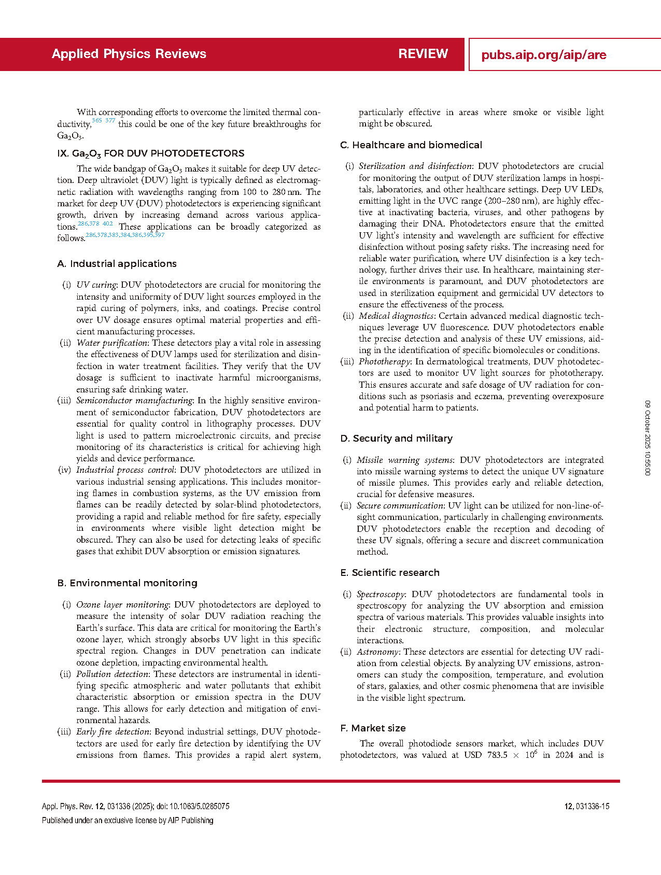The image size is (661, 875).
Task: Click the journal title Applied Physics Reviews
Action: [129, 54]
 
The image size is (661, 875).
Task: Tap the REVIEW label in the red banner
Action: [423, 54]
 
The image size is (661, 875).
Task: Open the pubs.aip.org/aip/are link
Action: [543, 55]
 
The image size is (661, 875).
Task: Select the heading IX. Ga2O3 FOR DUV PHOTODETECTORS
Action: [151, 153]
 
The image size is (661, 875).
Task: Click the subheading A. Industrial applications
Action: [117, 264]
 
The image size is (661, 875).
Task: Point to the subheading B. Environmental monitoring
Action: [127, 583]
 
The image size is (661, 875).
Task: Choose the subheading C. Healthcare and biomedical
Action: [411, 145]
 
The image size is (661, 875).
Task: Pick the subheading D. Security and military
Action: [397, 439]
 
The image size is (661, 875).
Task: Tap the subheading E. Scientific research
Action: [390, 573]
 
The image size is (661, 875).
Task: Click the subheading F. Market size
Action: [373, 728]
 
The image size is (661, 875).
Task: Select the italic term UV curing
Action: [96, 285]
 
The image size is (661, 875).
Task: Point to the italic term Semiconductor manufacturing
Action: [134, 401]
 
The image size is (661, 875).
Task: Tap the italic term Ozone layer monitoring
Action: [122, 605]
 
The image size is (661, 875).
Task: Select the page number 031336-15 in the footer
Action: [592, 807]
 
